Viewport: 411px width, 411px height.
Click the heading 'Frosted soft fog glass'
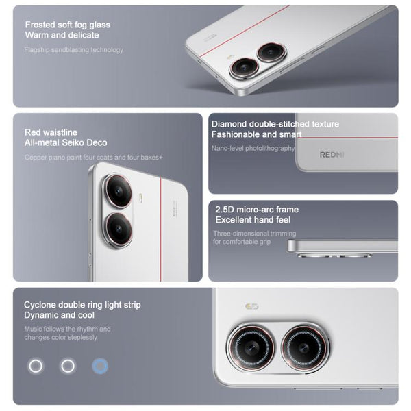[67, 25]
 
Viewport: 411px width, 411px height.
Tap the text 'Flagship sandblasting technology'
[73, 50]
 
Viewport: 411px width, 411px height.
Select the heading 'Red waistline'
[51, 132]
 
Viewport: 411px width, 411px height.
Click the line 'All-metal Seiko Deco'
[66, 143]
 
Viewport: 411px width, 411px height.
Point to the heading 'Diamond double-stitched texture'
[275, 124]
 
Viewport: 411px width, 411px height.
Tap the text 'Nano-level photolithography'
[253, 148]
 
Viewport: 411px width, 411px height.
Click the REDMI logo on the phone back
[332, 155]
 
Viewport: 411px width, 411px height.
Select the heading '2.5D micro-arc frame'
[257, 210]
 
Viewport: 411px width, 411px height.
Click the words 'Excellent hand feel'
[253, 220]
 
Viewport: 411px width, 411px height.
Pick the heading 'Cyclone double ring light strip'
[82, 305]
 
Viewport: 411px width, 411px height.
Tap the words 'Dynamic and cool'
[59, 316]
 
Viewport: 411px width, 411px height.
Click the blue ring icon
[100, 366]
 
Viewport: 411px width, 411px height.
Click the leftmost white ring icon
[35, 366]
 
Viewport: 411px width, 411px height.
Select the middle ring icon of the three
[67, 366]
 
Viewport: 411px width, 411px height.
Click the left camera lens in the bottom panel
[250, 347]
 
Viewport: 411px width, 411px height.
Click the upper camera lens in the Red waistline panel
[119, 191]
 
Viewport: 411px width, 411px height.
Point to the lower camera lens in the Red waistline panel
[119, 229]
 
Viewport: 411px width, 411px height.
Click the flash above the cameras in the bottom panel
[251, 306]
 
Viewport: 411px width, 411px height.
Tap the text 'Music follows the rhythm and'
[67, 329]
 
